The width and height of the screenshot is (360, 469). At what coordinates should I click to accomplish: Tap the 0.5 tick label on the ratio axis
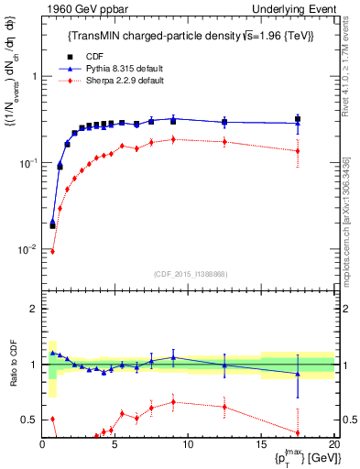[30, 420]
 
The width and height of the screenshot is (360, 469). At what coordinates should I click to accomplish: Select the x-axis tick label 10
[188, 444]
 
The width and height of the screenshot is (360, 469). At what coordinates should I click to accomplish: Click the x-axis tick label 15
[260, 444]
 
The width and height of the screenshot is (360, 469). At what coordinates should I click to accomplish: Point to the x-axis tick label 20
[333, 444]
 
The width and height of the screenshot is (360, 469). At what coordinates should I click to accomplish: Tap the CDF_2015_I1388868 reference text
[189, 274]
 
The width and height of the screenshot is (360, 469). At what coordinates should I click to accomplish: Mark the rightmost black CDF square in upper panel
[297, 118]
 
